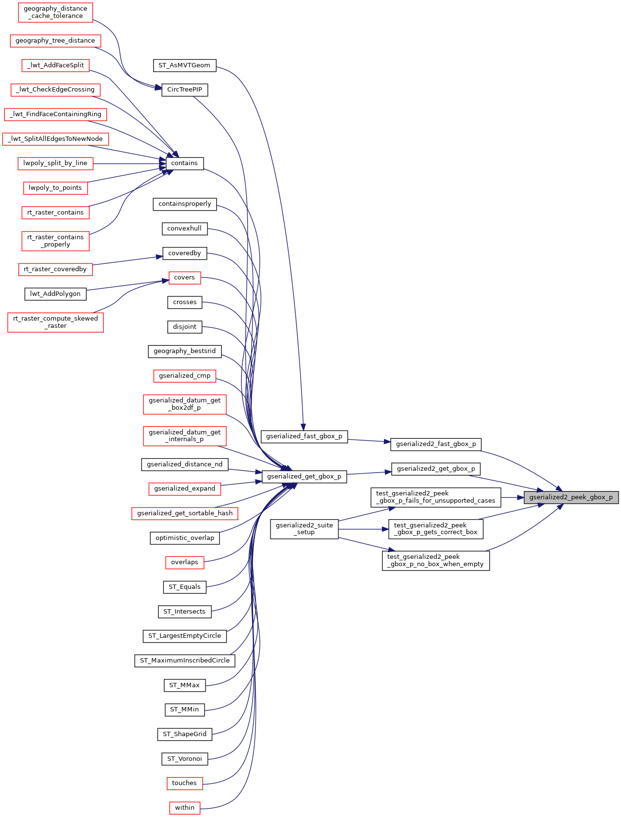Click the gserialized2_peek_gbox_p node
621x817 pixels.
pos(571,497)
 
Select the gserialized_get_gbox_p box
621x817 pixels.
pos(304,477)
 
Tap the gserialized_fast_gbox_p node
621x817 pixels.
pos(304,436)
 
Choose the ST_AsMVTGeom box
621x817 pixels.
pos(184,65)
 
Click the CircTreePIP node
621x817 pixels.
pos(184,90)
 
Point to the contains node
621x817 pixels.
pos(184,163)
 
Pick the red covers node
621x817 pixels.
pos(184,277)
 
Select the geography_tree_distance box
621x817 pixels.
pos(55,41)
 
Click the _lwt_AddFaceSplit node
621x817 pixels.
pos(55,65)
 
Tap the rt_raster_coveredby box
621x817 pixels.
pos(55,269)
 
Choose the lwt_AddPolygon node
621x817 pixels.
pos(55,294)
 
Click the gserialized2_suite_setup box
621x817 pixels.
pos(304,529)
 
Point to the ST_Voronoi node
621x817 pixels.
pos(184,759)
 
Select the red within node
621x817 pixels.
pos(184,808)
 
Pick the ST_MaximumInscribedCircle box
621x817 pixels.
pos(184,661)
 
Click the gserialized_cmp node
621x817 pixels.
pos(184,376)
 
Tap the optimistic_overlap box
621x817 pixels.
pos(184,538)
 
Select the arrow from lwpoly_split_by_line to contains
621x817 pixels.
pos(128,164)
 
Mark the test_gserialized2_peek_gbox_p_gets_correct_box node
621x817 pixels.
pos(435,529)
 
